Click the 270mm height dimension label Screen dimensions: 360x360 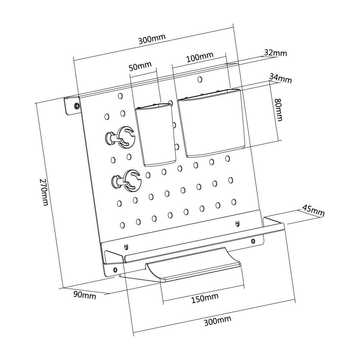pyautogui.click(x=44, y=192)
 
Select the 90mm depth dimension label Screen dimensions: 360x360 pyautogui.click(x=85, y=295)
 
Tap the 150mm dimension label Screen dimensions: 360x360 pyautogui.click(x=205, y=298)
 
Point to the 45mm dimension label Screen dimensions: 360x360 pyautogui.click(x=313, y=211)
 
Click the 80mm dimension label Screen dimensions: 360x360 pyautogui.click(x=279, y=109)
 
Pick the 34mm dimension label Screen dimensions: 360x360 pyautogui.click(x=280, y=78)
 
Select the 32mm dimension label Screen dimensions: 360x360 pyautogui.click(x=275, y=53)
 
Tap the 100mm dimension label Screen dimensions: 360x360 pyautogui.click(x=199, y=57)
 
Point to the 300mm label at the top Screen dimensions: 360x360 pyautogui.click(x=152, y=39)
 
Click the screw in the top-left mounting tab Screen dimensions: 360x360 pyautogui.click(x=77, y=106)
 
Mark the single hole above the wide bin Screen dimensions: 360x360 pyautogui.click(x=200, y=80)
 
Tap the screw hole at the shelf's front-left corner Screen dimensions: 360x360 pyautogui.click(x=115, y=269)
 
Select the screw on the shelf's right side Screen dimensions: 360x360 pyautogui.click(x=253, y=241)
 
